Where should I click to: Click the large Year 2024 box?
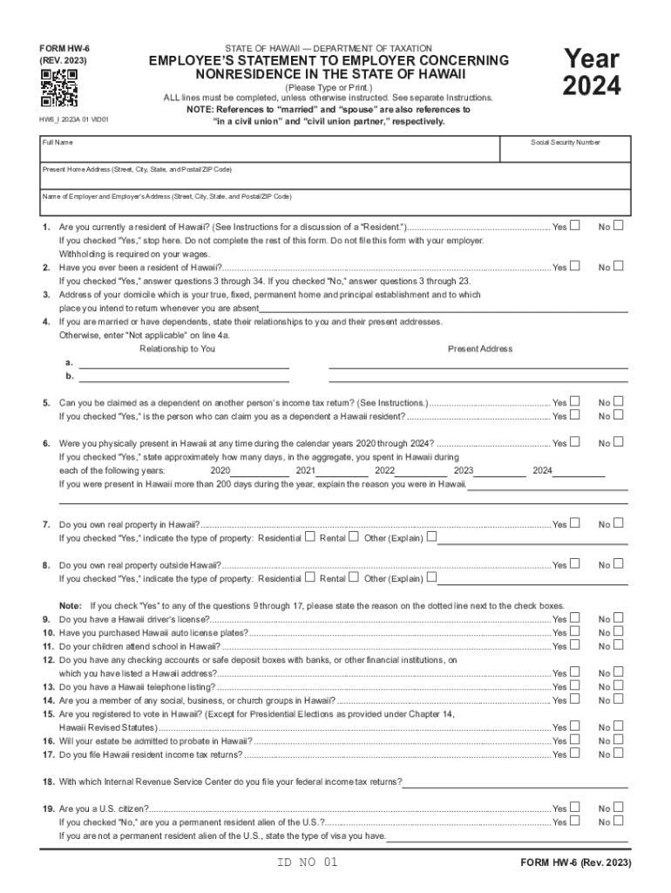pyautogui.click(x=592, y=73)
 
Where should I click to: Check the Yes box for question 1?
pyautogui.click(x=574, y=226)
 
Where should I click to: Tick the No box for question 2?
pyautogui.click(x=619, y=266)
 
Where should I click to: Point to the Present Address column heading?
pyautogui.click(x=479, y=349)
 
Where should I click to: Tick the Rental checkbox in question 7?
pyautogui.click(x=354, y=537)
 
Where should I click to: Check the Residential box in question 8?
pyautogui.click(x=309, y=577)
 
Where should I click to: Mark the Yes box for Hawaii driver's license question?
pyautogui.click(x=574, y=618)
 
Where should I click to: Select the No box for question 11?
pyautogui.click(x=619, y=645)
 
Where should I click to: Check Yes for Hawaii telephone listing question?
pyautogui.click(x=574, y=686)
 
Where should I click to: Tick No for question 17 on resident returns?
pyautogui.click(x=619, y=753)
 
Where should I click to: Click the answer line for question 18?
pyautogui.click(x=514, y=781)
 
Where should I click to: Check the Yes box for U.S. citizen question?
pyautogui.click(x=574, y=808)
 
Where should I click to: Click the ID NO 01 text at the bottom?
pyautogui.click(x=304, y=862)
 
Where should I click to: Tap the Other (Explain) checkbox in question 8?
pyautogui.click(x=431, y=577)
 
